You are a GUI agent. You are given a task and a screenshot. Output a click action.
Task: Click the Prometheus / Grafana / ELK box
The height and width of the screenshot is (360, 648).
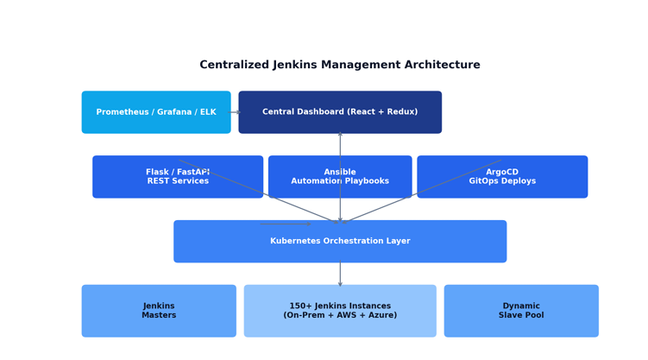click(156, 112)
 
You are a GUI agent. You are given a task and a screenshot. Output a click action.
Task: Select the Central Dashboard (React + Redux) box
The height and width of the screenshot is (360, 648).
click(340, 112)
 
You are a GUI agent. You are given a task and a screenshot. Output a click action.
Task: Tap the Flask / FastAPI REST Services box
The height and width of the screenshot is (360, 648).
click(178, 176)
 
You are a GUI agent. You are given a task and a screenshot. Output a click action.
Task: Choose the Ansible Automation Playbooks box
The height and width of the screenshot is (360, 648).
click(340, 176)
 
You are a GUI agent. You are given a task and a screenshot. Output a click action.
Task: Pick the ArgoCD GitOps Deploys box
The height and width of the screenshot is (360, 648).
click(502, 176)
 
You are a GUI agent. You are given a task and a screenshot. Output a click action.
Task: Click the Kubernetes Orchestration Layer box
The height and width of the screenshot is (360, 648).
click(340, 241)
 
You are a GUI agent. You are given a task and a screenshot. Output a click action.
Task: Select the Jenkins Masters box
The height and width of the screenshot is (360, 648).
click(159, 311)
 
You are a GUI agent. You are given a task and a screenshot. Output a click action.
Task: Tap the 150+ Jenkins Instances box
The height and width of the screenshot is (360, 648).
click(340, 311)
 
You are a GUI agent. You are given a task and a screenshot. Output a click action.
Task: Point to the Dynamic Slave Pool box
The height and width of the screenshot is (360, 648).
click(521, 311)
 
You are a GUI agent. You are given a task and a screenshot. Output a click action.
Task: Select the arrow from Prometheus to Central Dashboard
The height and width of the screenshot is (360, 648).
click(235, 112)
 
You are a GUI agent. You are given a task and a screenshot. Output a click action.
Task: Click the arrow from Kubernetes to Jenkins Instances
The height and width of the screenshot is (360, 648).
click(340, 274)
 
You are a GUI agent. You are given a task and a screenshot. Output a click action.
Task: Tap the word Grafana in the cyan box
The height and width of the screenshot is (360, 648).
click(174, 112)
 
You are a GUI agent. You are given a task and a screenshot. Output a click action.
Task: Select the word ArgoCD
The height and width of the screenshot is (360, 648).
click(502, 172)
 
